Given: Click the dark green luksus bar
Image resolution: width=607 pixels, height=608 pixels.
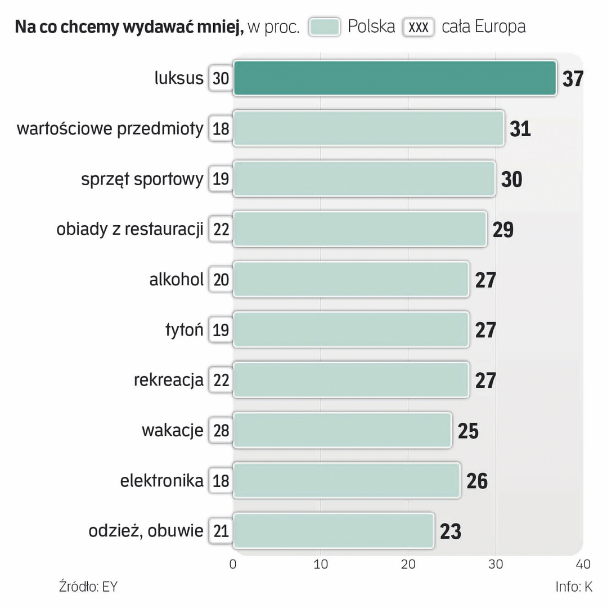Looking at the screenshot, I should point(394,78).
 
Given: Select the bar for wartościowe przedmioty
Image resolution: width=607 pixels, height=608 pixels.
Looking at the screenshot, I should point(368,128).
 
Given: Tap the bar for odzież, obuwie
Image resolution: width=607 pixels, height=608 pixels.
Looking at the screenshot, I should point(333,530).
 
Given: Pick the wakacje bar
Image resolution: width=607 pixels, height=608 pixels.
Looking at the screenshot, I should point(342,430).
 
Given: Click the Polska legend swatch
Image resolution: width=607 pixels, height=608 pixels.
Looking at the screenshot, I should point(325,27).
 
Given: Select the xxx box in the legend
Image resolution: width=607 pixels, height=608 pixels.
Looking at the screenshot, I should point(418,27).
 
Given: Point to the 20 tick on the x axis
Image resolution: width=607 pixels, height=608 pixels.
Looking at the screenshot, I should point(408,564).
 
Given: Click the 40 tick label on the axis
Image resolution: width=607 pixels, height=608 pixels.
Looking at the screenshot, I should point(583,564).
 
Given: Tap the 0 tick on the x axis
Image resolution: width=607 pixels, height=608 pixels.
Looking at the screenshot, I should point(233,564).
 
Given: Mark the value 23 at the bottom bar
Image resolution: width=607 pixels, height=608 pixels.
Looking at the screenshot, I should point(451,531).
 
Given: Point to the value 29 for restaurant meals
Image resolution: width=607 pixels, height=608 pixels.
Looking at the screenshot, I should point(503,230).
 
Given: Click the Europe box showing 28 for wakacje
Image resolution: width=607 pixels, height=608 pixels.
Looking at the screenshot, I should point(221,431).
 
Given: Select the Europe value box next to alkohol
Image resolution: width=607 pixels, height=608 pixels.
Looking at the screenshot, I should point(221,280).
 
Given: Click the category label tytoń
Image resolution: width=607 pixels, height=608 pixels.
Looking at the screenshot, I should point(184,330).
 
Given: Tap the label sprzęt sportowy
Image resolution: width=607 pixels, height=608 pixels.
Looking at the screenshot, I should point(142,179).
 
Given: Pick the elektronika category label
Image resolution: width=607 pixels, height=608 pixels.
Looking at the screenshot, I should point(161,481).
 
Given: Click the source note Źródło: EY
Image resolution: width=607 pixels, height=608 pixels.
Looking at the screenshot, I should point(88,587).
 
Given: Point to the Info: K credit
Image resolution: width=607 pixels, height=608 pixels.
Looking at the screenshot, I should point(574,587).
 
